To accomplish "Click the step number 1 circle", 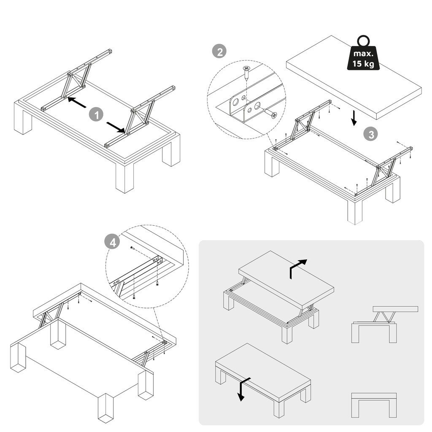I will click(x=97, y=115).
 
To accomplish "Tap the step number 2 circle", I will click(x=219, y=52).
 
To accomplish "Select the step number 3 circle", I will click(x=371, y=135).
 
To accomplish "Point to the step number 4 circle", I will click(x=112, y=242).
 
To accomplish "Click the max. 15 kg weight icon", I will click(x=363, y=54).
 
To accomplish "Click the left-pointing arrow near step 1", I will click(x=77, y=102).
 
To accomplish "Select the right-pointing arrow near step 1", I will click(x=116, y=127).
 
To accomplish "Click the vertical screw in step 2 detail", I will click(x=246, y=73).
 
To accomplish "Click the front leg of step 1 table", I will click(x=124, y=178).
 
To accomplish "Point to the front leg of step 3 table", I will click(x=355, y=211).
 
